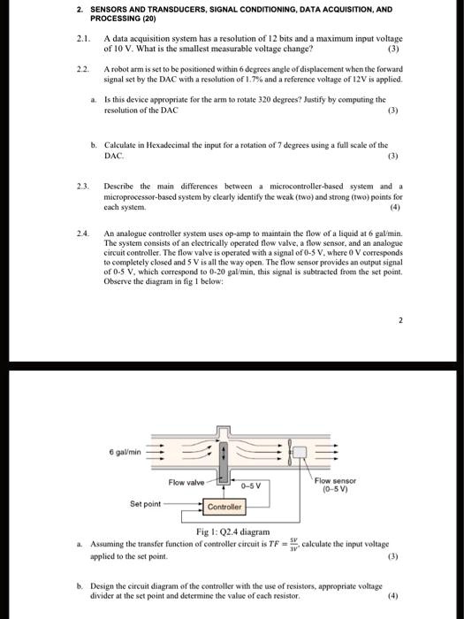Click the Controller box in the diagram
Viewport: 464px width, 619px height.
pyautogui.click(x=224, y=508)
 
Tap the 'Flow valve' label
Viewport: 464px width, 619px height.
pyautogui.click(x=185, y=482)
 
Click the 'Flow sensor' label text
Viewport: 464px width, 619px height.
pyautogui.click(x=334, y=481)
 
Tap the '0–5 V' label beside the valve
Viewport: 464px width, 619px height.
pyautogui.click(x=253, y=485)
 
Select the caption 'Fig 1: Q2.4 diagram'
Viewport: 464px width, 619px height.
pyautogui.click(x=231, y=531)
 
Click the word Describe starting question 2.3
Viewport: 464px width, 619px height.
pyautogui.click(x=123, y=187)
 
